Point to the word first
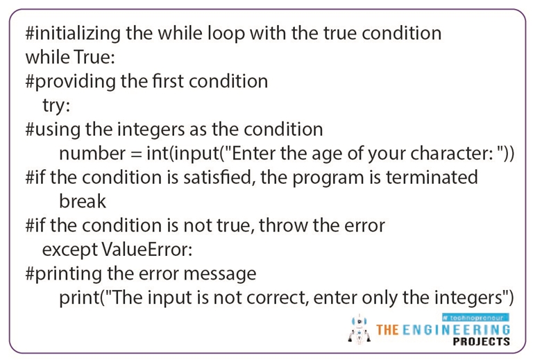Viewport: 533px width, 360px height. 162,81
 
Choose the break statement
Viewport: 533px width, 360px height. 83,201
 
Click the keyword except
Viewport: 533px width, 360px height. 70,250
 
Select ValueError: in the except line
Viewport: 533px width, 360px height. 142,250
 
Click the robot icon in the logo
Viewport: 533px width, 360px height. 359,329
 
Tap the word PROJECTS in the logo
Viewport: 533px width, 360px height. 481,341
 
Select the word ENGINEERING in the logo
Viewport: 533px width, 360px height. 457,328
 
